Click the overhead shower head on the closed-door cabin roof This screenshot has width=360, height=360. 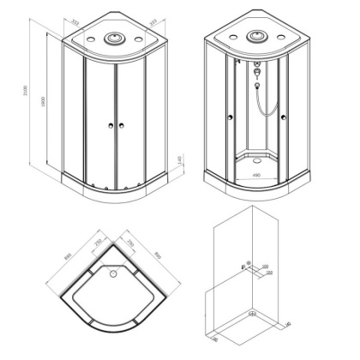coord(114,38)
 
